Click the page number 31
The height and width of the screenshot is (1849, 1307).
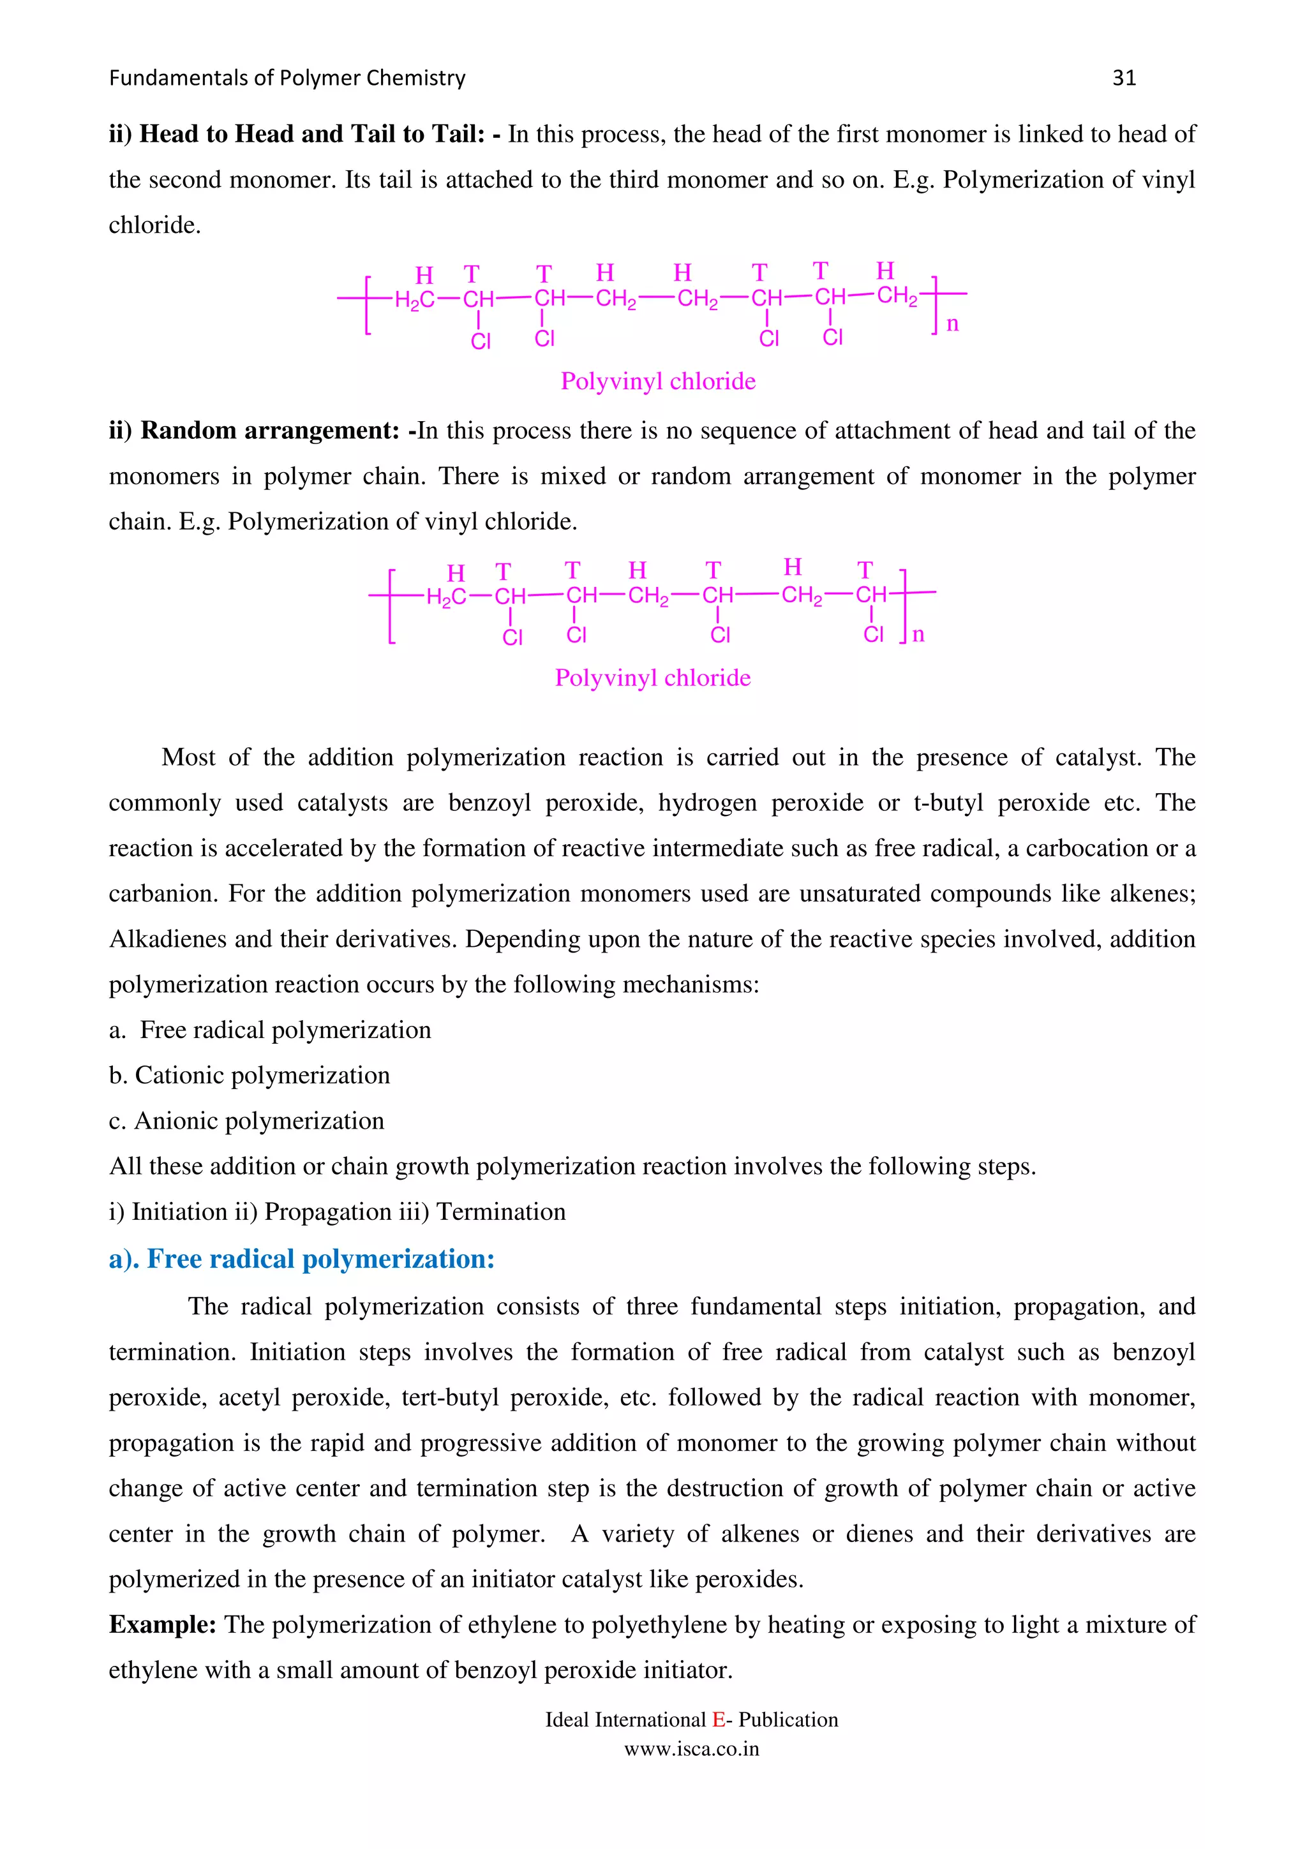(x=1123, y=78)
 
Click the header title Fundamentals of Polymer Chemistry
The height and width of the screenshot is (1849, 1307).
(x=287, y=78)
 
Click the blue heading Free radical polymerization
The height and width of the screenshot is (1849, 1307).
(x=302, y=1259)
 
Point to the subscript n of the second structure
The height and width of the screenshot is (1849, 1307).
(x=918, y=635)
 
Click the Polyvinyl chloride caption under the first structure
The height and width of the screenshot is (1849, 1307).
(x=658, y=381)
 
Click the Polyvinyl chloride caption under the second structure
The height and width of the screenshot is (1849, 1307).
(x=652, y=678)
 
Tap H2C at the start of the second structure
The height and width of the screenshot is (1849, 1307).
(x=445, y=597)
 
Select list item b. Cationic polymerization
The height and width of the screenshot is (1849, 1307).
(x=249, y=1075)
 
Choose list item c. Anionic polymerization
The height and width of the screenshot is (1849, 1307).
(x=246, y=1121)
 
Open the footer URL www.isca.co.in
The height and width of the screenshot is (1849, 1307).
(x=692, y=1749)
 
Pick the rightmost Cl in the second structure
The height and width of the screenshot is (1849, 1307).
(x=873, y=635)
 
